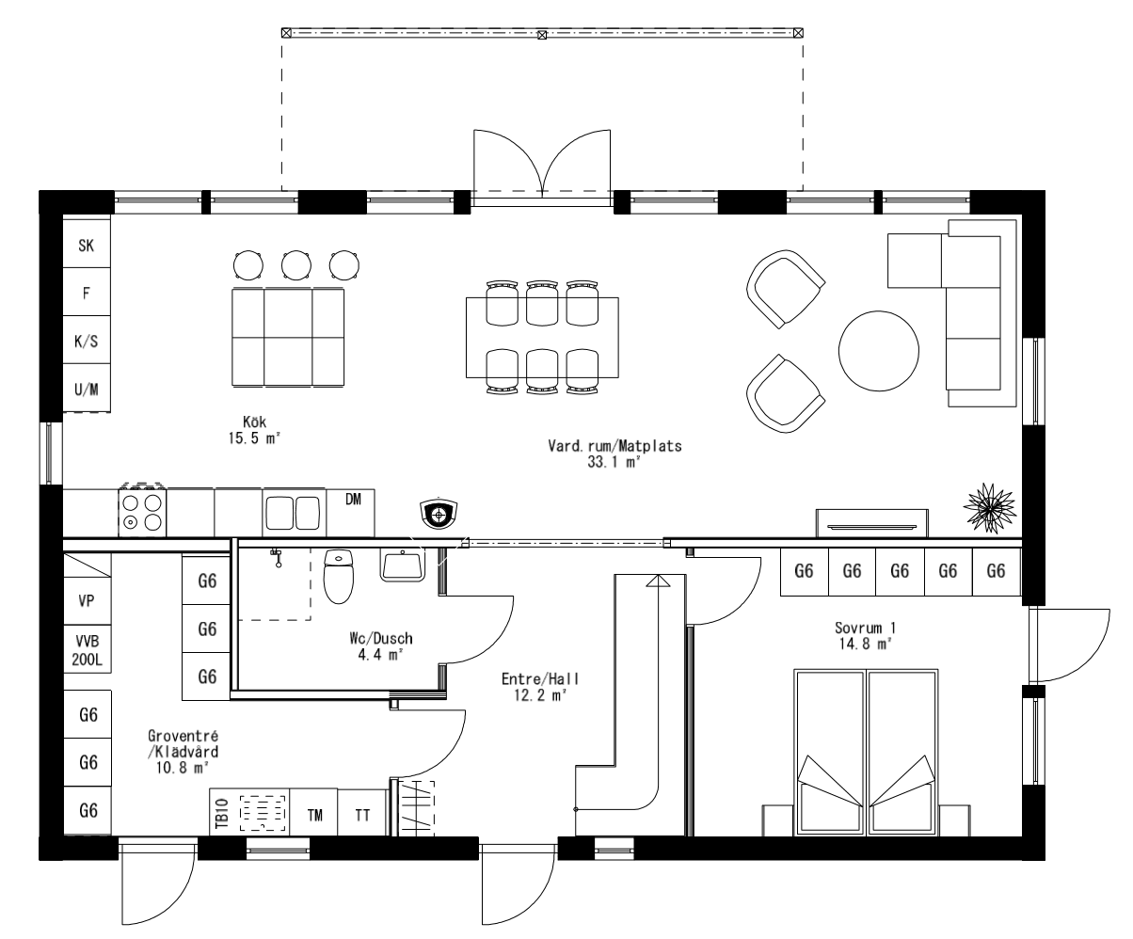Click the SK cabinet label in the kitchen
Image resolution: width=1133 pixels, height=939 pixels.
pyautogui.click(x=87, y=246)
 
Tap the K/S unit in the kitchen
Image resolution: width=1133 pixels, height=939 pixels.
pyautogui.click(x=87, y=342)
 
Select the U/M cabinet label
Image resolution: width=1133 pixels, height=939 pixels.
pyautogui.click(x=87, y=390)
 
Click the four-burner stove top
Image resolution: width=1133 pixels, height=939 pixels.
pyautogui.click(x=143, y=513)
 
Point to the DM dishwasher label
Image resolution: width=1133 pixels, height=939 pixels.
pyautogui.click(x=353, y=500)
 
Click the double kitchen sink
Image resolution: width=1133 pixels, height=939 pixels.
pyautogui.click(x=293, y=513)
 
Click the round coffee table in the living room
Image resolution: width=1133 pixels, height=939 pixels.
pyautogui.click(x=879, y=351)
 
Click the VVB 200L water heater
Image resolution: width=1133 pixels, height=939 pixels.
pyautogui.click(x=88, y=649)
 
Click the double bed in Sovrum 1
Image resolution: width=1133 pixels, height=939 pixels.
pyautogui.click(x=866, y=753)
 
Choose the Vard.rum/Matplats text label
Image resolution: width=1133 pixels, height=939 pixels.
pyautogui.click(x=614, y=446)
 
